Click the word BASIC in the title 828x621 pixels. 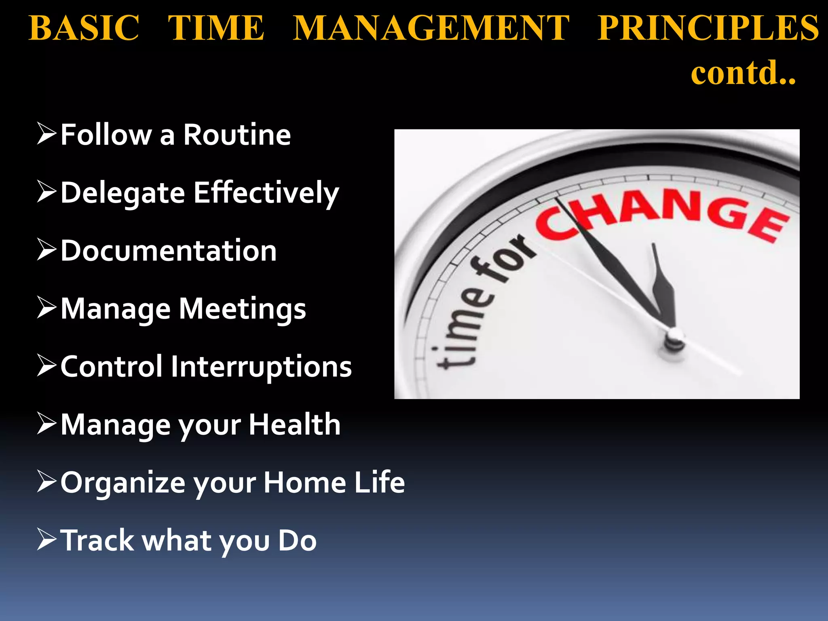(x=84, y=28)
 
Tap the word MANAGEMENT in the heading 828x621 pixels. (x=431, y=28)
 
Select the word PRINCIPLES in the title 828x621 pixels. (x=708, y=28)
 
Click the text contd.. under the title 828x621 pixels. (x=743, y=73)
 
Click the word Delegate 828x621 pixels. (x=123, y=193)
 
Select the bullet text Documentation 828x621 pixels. (x=169, y=251)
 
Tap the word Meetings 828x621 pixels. (x=242, y=309)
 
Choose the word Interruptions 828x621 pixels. (x=261, y=367)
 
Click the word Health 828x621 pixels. (x=294, y=425)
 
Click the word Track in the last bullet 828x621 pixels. (x=97, y=541)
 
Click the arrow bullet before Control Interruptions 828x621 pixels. (x=46, y=365)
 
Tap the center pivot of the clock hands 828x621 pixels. (x=674, y=338)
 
